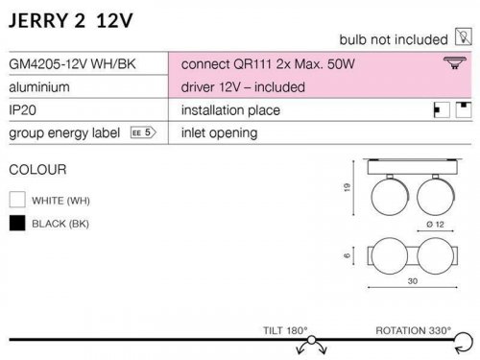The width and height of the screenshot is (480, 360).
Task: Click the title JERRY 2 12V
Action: [71, 21]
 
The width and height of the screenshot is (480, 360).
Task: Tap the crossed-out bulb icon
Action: [464, 36]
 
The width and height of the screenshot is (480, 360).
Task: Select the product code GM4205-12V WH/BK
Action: [72, 64]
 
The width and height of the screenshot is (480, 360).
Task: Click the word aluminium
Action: [39, 87]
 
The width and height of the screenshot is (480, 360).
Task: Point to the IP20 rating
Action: [22, 110]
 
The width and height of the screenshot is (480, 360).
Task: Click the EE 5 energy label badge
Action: [143, 132]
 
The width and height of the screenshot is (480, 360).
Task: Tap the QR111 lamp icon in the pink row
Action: [455, 62]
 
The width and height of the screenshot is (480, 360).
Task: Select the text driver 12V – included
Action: [243, 87]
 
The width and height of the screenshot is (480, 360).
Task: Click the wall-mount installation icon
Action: [442, 110]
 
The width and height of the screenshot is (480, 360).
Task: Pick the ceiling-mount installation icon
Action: [464, 110]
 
